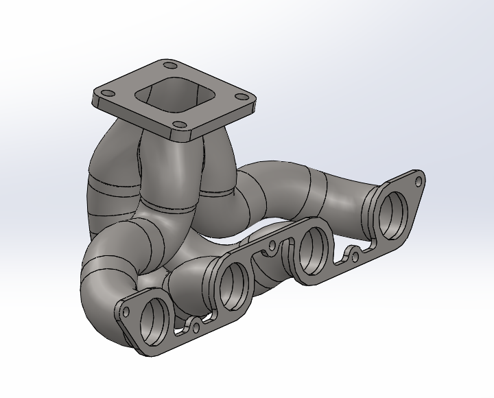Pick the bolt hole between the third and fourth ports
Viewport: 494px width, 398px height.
pyautogui.click(x=353, y=255)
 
